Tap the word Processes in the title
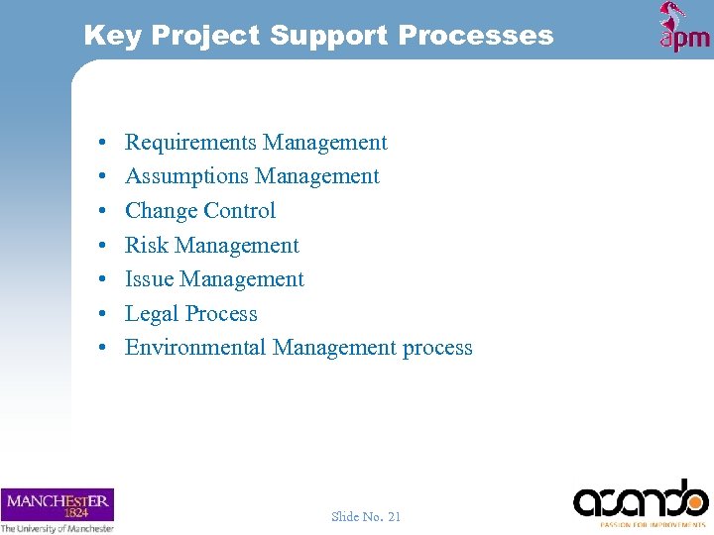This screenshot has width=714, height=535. tap(475, 36)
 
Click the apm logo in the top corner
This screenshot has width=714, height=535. tap(684, 28)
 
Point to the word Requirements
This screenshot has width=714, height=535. tap(188, 143)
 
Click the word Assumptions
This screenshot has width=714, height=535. tap(186, 176)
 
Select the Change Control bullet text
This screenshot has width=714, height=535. tap(200, 211)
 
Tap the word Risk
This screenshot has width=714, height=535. tap(145, 246)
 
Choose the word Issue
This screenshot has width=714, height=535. tap(149, 279)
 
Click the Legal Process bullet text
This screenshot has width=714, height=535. tap(191, 314)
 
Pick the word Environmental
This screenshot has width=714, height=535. tap(195, 348)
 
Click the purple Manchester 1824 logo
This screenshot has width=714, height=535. tap(58, 504)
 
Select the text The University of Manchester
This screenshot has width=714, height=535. tap(58, 528)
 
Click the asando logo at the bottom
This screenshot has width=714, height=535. tap(641, 499)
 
